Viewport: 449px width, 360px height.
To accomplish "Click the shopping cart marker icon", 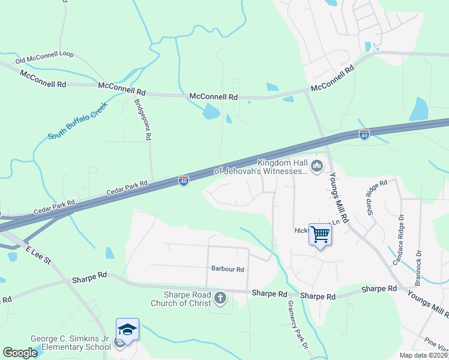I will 321,233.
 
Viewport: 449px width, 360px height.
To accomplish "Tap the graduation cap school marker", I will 127,329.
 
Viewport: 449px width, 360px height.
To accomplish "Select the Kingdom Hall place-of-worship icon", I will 316,164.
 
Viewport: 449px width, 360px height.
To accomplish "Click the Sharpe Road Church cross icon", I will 220,298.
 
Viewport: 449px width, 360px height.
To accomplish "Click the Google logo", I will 20,353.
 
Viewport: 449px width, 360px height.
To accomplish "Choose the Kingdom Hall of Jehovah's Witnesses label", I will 282,167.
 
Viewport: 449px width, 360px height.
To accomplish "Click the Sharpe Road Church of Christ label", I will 187,299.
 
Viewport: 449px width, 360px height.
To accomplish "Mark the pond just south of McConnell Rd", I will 211,112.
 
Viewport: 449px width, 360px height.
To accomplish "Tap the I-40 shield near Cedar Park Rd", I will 184,180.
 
